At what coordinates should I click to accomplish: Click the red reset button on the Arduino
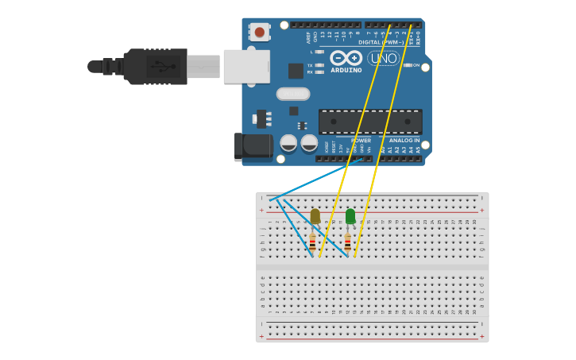click(x=259, y=32)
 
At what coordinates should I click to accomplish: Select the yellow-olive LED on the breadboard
click(x=315, y=216)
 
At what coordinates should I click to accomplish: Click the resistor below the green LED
click(x=347, y=243)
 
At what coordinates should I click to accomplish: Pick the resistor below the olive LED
click(x=312, y=243)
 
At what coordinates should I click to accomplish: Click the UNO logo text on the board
click(x=383, y=58)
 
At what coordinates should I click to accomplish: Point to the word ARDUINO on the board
click(x=346, y=70)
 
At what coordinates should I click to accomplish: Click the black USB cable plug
click(x=155, y=67)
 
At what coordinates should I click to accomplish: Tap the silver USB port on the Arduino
click(x=246, y=67)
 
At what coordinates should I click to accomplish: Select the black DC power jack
click(x=253, y=146)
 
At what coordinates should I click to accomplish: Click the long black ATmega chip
click(x=370, y=122)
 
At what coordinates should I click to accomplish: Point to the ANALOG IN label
click(x=404, y=140)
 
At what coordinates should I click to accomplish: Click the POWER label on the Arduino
click(x=361, y=140)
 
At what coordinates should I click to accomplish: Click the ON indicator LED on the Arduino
click(x=407, y=65)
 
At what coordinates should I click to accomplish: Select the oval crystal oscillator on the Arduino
click(x=293, y=94)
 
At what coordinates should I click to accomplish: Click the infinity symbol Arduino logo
click(x=346, y=58)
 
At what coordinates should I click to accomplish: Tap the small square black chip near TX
click(x=296, y=71)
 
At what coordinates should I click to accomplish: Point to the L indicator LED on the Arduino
click(x=319, y=52)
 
